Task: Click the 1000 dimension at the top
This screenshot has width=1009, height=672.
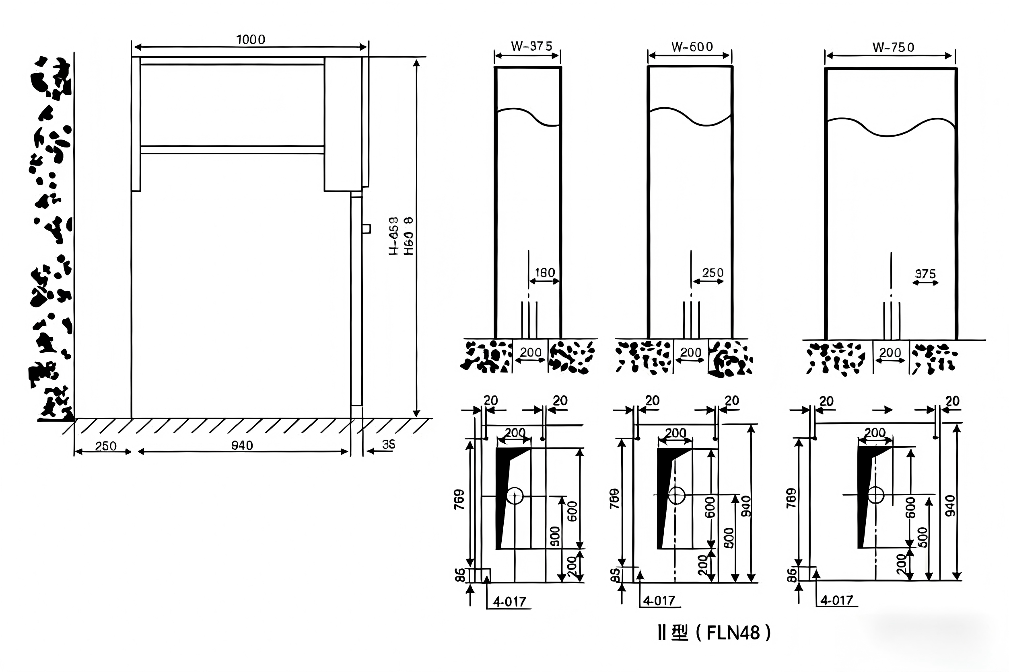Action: [251, 39]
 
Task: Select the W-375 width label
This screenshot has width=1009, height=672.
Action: [531, 46]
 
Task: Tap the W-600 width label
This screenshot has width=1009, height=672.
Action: [692, 47]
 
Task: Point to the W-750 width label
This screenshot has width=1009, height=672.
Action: [893, 47]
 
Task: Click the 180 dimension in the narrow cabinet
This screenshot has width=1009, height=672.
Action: [544, 272]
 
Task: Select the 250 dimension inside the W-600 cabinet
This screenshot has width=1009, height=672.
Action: [712, 272]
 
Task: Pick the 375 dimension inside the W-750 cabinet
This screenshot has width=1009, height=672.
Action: [925, 274]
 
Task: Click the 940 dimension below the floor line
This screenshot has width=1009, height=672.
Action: [242, 446]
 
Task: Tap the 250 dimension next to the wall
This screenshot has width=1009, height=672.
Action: [105, 446]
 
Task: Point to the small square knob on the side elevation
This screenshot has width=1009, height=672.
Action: [367, 229]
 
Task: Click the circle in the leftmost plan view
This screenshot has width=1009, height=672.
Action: [515, 496]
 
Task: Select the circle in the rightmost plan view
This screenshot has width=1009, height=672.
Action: [875, 495]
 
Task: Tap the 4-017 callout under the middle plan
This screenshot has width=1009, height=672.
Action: [659, 601]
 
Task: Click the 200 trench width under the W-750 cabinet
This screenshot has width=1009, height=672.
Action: [890, 353]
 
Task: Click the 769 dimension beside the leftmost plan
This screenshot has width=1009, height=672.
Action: [459, 499]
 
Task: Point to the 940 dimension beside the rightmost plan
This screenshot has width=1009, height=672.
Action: [950, 505]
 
